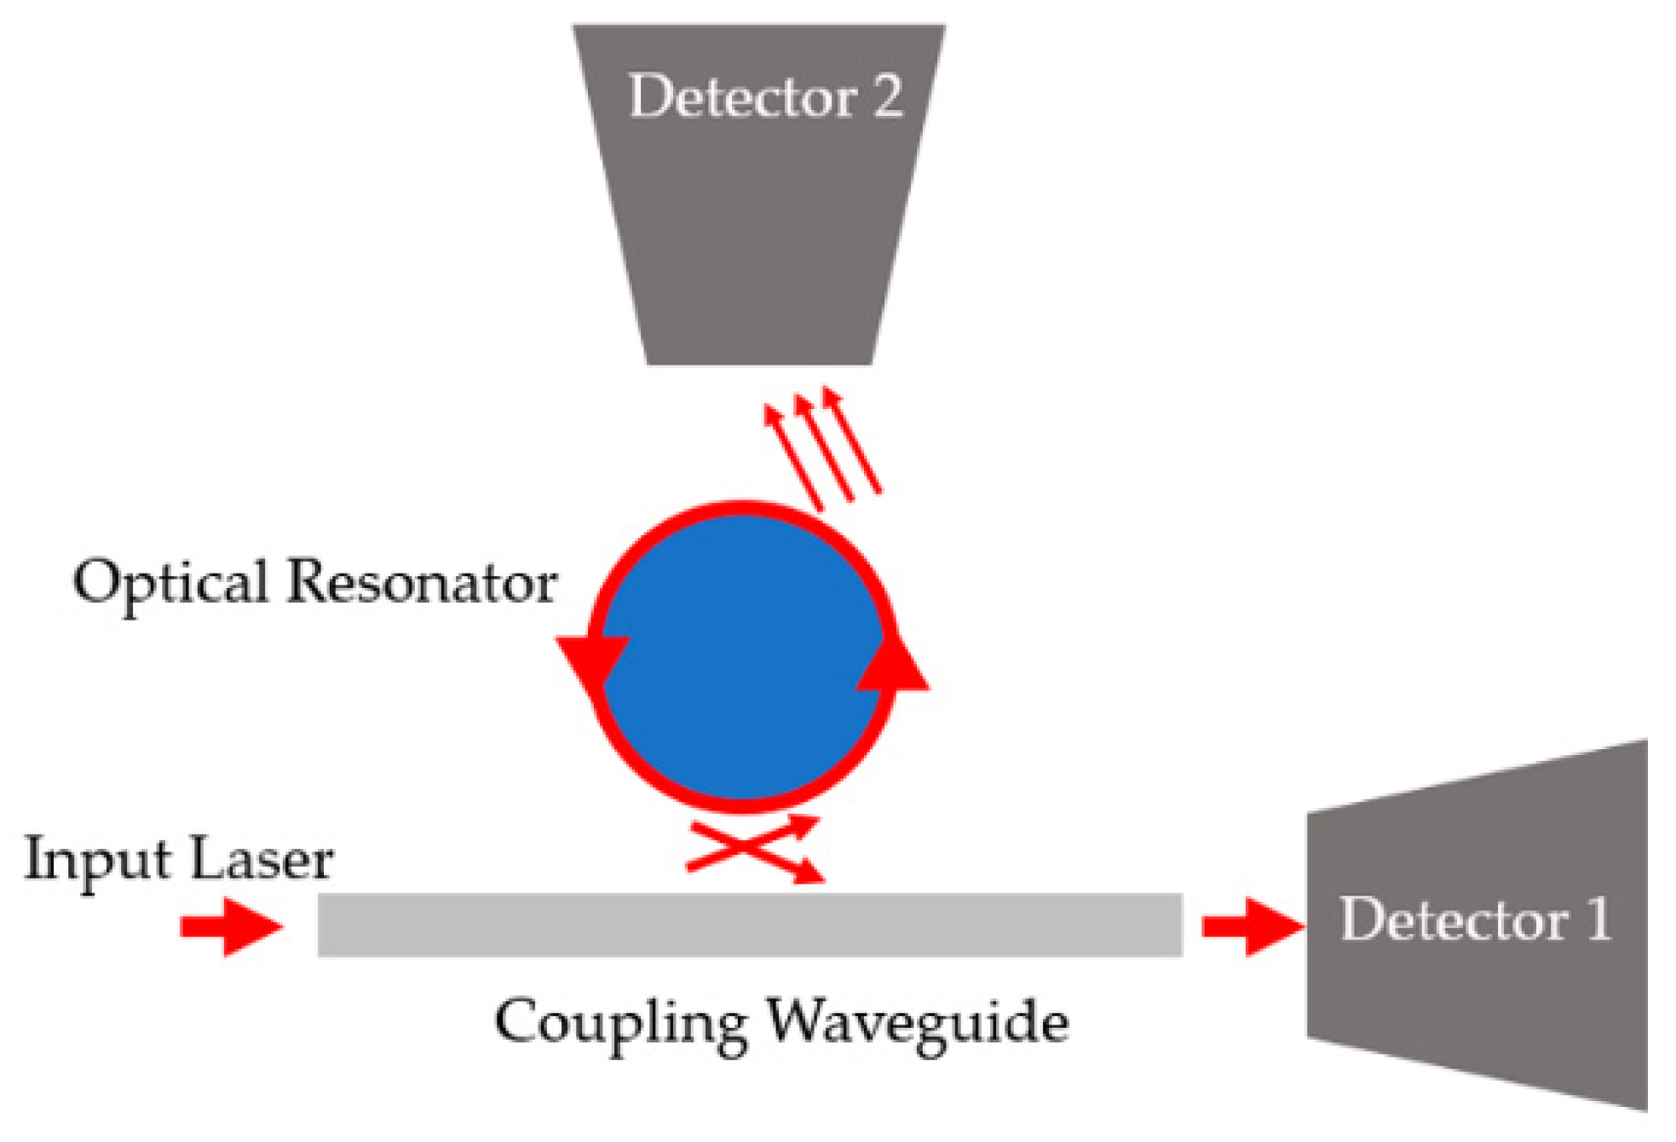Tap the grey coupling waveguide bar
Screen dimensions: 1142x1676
click(750, 925)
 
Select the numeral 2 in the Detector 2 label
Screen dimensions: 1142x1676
click(887, 96)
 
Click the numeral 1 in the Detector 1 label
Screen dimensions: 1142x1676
click(1598, 920)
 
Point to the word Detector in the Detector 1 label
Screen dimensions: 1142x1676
click(1454, 920)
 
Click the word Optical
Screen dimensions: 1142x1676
click(170, 584)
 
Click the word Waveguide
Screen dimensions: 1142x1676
click(917, 1024)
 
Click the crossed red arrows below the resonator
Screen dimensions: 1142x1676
click(753, 848)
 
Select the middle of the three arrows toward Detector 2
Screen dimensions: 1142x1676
click(824, 447)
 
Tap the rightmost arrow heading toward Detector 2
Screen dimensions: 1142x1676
click(852, 440)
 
